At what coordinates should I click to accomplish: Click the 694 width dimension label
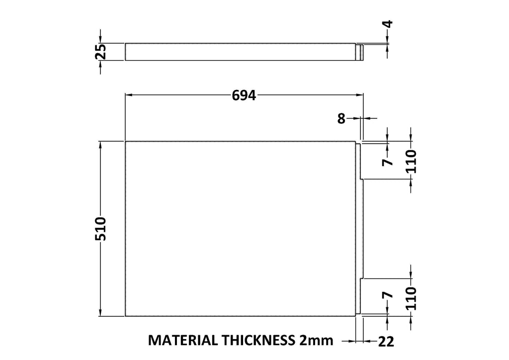pyautogui.click(x=244, y=95)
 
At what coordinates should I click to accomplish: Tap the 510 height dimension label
pyautogui.click(x=100, y=229)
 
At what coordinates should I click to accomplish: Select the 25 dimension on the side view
pyautogui.click(x=100, y=52)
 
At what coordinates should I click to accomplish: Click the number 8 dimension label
pyautogui.click(x=341, y=119)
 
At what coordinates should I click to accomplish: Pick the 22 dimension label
pyautogui.click(x=386, y=342)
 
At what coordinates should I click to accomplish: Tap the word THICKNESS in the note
pyautogui.click(x=258, y=340)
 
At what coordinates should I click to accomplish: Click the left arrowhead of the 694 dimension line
pyautogui.click(x=129, y=95)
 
